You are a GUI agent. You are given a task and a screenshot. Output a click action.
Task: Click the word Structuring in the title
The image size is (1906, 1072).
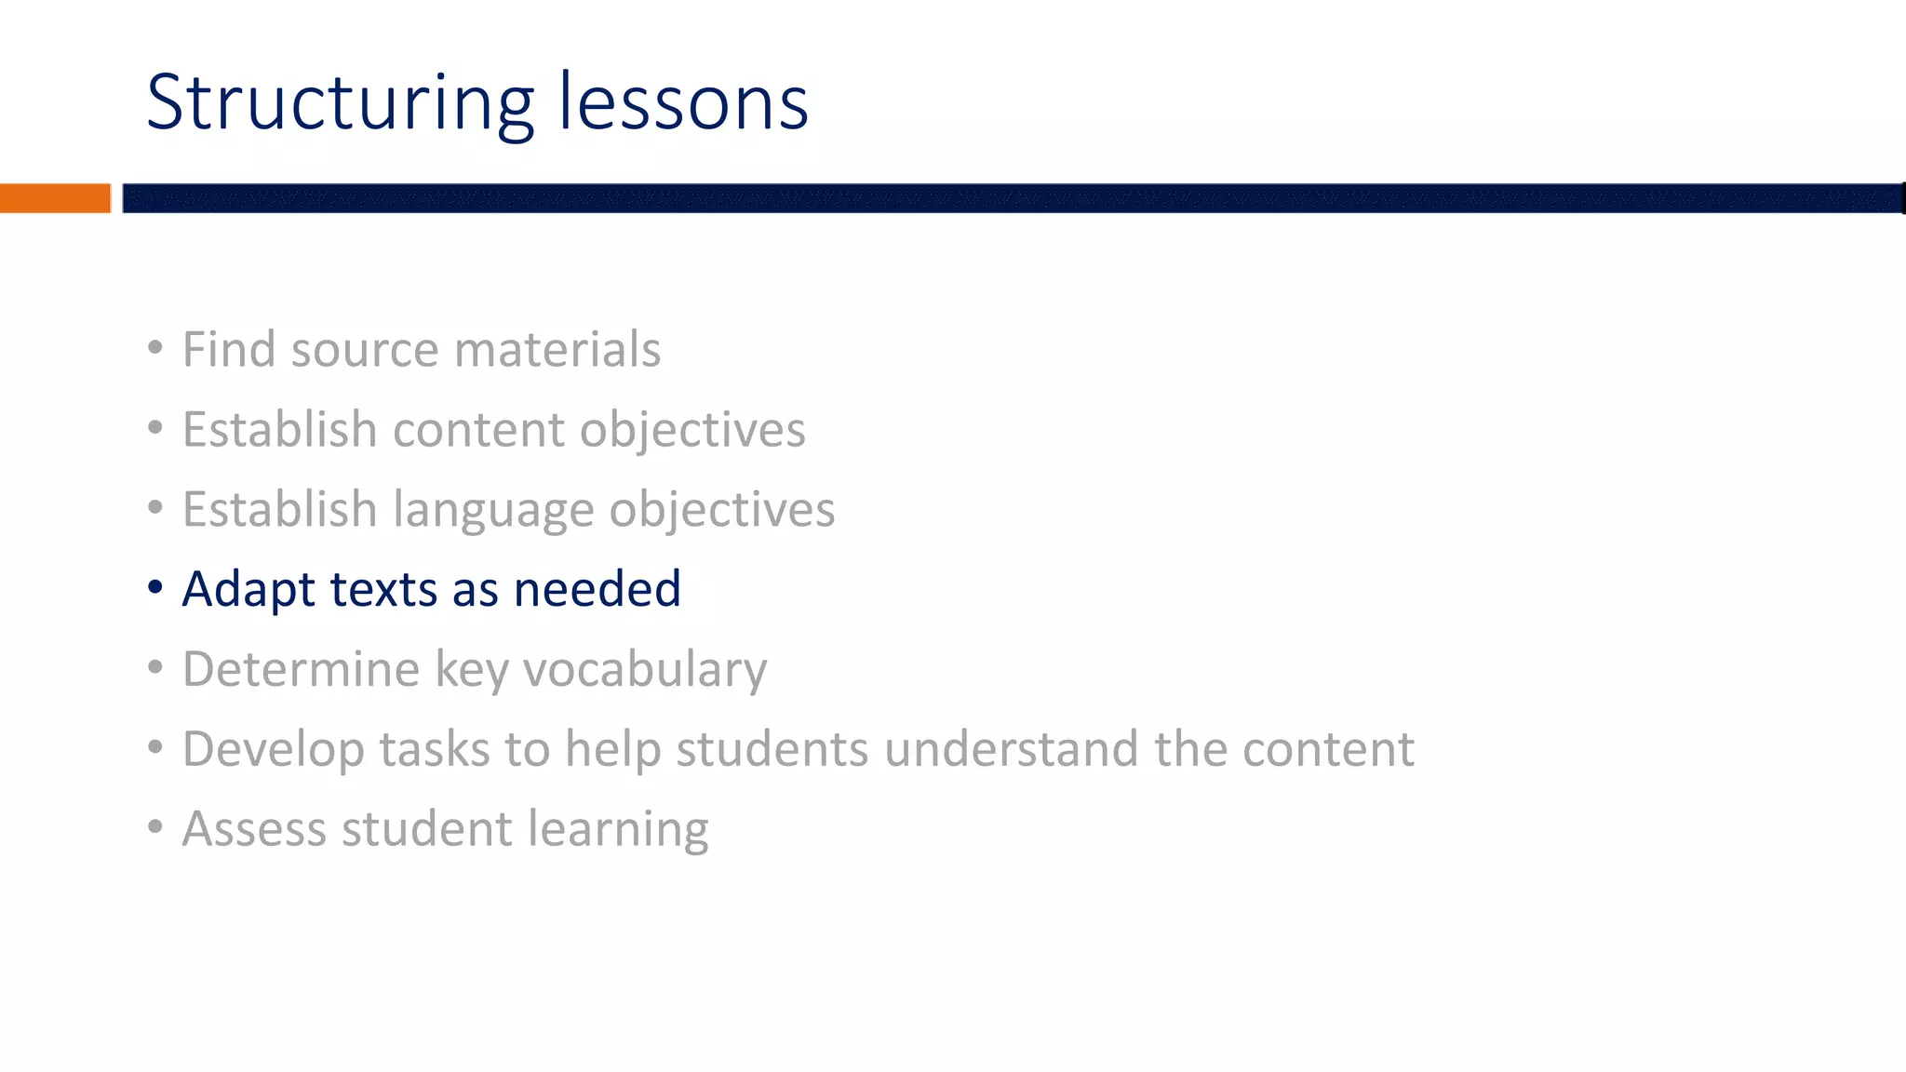click(340, 103)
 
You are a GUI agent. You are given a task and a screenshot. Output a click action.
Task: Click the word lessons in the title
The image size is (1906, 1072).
click(683, 103)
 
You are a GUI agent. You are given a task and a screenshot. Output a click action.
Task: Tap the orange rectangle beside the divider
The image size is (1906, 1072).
click(55, 198)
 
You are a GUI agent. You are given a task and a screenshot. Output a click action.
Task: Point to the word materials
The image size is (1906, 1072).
click(557, 350)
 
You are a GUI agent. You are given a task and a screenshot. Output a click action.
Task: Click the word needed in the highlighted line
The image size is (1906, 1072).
click(597, 590)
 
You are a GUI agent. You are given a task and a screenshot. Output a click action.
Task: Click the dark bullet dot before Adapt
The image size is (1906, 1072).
click(155, 588)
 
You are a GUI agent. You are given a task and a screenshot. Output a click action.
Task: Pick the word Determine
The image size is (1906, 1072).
click(301, 670)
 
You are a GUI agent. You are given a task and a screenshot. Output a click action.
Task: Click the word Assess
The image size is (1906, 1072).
click(253, 830)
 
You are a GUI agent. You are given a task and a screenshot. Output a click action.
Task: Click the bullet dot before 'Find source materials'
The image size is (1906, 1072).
click(155, 348)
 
